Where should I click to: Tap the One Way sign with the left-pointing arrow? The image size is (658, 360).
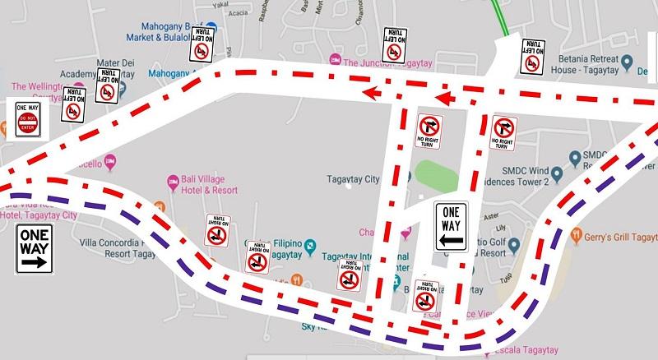[x=452, y=226]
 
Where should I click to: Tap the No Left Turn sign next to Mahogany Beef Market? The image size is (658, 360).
[x=198, y=46]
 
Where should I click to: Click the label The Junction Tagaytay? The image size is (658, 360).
[x=386, y=61]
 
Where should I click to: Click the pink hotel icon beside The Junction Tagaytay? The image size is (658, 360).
[x=334, y=60]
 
